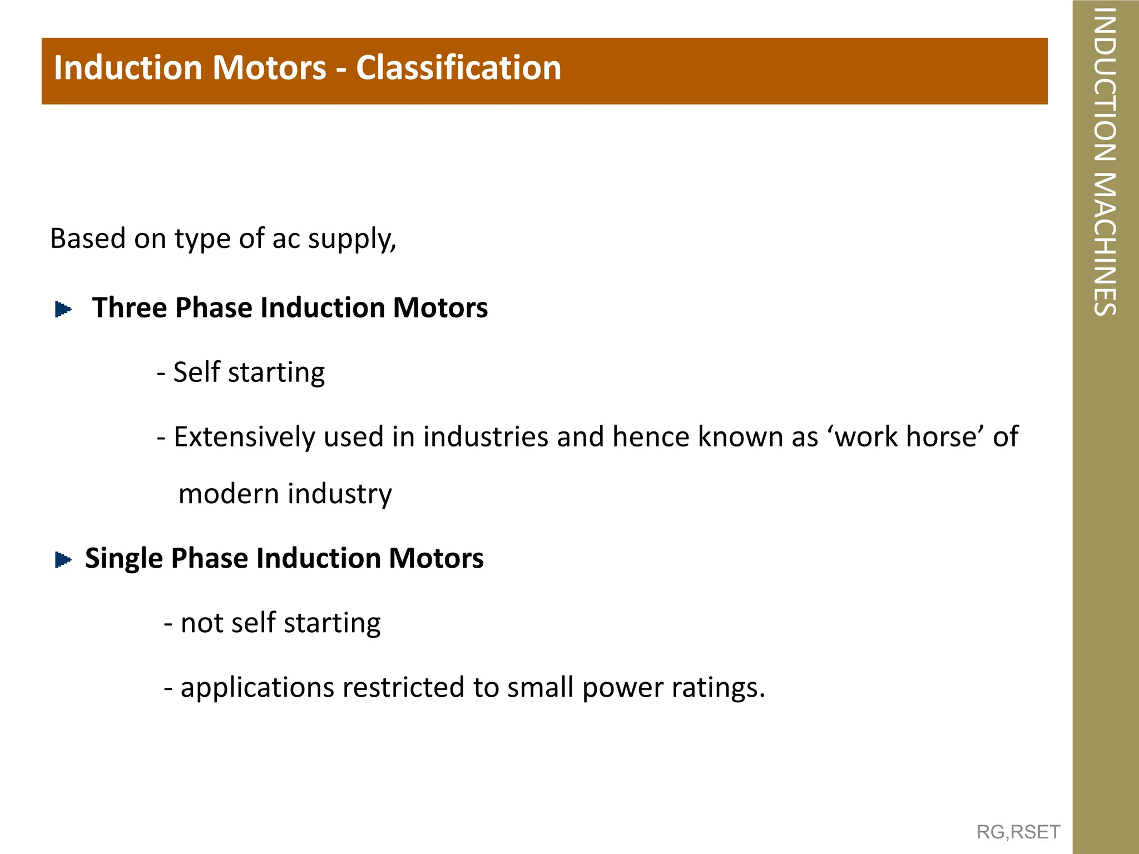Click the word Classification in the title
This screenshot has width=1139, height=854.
458,68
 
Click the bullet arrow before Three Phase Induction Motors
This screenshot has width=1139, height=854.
63,309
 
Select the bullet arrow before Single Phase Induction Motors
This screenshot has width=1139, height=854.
63,559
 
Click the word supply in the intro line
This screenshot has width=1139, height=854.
351,239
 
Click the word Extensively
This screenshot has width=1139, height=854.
244,436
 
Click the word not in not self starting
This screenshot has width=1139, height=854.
201,623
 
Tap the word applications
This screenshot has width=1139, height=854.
257,688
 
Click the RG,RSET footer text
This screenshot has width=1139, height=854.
1018,832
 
